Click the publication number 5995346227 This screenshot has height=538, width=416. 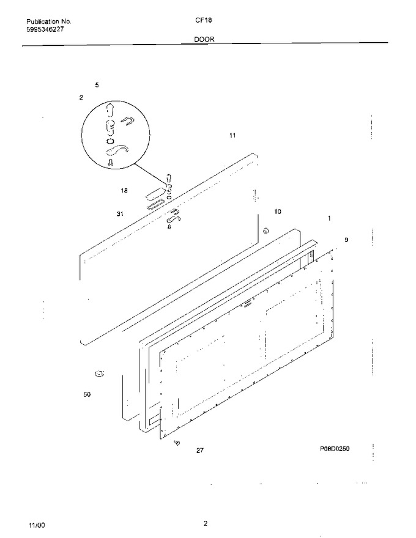point(45,29)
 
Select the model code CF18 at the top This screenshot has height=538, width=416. point(204,20)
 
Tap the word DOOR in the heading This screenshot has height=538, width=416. point(204,39)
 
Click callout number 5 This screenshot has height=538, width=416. point(97,85)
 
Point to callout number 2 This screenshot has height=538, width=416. point(81,97)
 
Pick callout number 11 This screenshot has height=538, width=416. point(232,136)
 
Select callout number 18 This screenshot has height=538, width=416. point(124,190)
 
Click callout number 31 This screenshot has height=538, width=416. point(120,214)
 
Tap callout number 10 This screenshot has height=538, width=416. point(278,212)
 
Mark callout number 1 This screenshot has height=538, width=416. point(329,218)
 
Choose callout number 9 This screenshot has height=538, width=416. point(346,240)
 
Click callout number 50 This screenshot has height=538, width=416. point(87,394)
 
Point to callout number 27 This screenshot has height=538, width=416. point(200,451)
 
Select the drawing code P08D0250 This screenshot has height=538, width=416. point(335,449)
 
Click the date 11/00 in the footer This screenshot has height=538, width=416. point(37,525)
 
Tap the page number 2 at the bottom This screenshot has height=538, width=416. point(206,523)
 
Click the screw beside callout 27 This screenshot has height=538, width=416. point(177,443)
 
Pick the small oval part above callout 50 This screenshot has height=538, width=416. point(99,374)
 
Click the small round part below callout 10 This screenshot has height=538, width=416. point(266,231)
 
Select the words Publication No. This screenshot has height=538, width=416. point(49,21)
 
